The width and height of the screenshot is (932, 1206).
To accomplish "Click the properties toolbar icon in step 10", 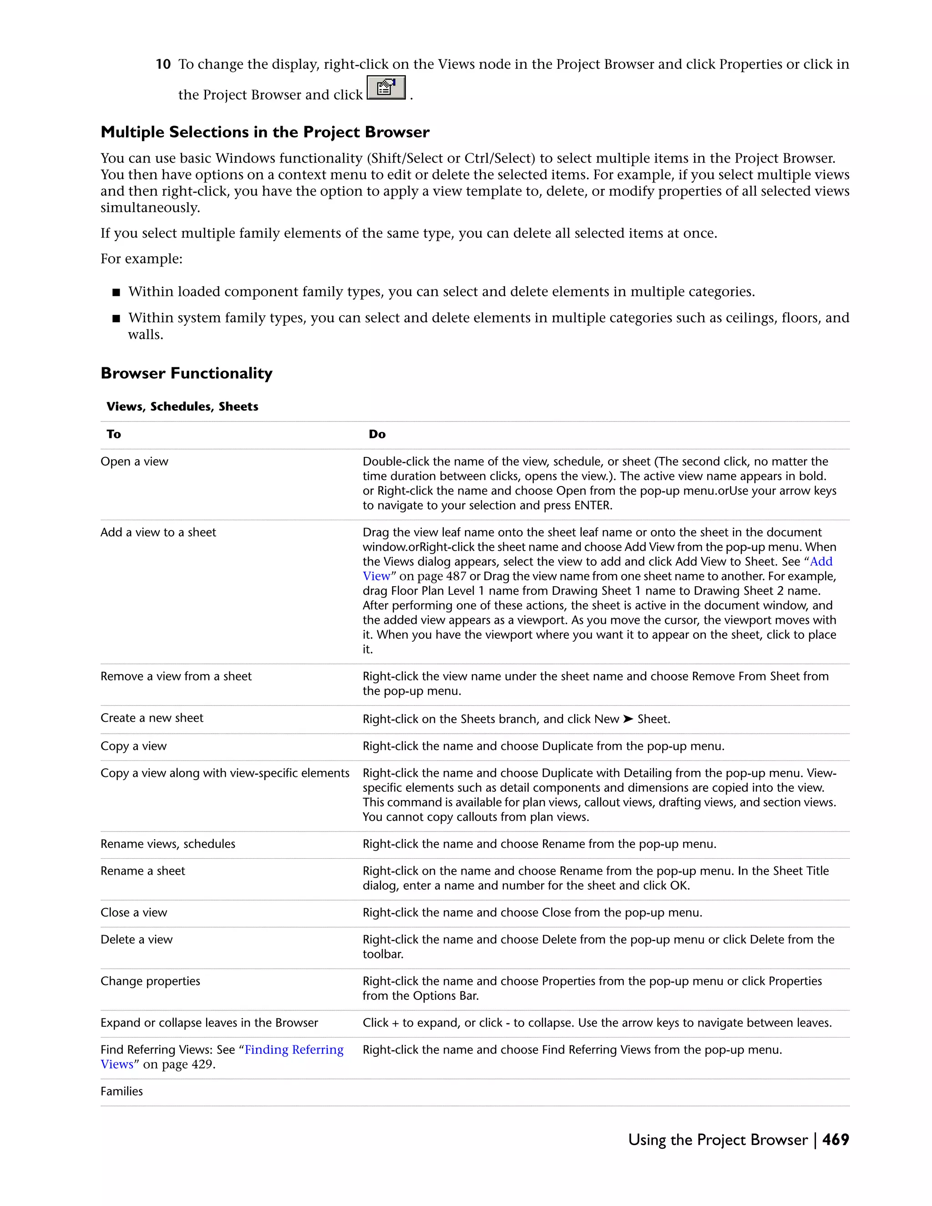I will click(386, 88).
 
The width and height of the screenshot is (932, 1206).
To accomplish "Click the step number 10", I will click(163, 65).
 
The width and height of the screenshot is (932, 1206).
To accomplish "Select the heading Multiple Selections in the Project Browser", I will click(264, 132).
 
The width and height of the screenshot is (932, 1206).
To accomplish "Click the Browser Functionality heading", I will click(186, 373).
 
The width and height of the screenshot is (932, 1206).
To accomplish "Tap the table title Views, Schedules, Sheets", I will click(182, 406).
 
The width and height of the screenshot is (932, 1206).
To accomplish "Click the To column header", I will click(114, 435).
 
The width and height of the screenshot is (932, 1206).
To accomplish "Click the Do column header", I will click(377, 435).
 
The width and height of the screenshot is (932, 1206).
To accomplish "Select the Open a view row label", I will click(134, 461).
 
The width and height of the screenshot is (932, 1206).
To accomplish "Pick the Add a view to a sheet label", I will click(158, 532).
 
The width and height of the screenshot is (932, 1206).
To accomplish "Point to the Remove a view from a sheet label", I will click(176, 676).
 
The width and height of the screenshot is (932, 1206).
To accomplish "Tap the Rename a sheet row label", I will click(142, 871).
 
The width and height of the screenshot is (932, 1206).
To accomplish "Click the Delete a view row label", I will click(137, 940).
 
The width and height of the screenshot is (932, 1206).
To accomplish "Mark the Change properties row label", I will click(150, 981).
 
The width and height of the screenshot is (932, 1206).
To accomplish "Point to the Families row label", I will click(122, 1091).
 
